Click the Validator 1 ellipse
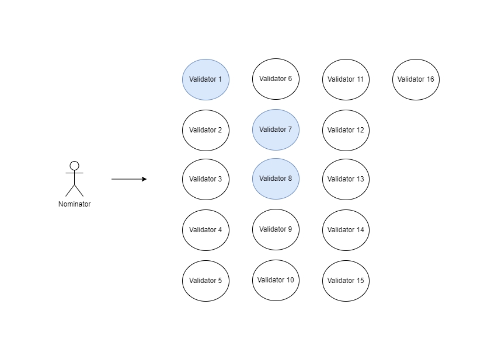point(206,79)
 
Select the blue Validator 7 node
point(276,130)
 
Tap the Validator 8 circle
point(276,179)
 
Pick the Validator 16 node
point(416,79)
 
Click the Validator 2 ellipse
point(206,130)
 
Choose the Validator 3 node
point(206,179)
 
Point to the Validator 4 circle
point(206,230)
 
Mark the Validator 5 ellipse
point(206,281)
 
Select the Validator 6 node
point(276,79)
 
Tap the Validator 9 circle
point(276,229)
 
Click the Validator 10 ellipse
point(276,280)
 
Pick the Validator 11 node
point(346,79)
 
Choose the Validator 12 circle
point(346,130)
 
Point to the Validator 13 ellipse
point(346,179)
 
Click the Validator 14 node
point(346,230)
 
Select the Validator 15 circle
point(346,281)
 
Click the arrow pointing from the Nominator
point(128,179)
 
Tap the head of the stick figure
point(74,166)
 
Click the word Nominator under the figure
point(74,204)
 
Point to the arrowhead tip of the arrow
point(145,179)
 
